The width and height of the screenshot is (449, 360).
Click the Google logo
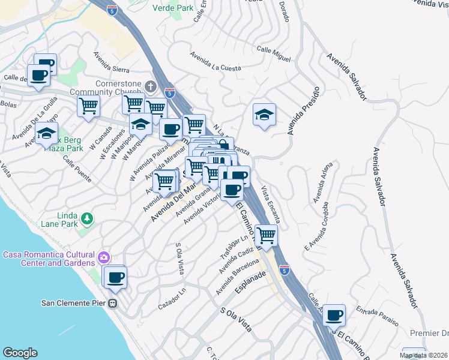click(20, 353)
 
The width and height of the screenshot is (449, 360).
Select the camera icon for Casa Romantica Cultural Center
click(104, 257)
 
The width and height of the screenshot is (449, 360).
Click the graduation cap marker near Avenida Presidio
click(264, 114)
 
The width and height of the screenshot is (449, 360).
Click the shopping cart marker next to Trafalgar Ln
click(266, 235)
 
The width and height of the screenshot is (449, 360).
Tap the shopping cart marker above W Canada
click(89, 106)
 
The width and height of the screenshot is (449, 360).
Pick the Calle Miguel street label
click(274, 53)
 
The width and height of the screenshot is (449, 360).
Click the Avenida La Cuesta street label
click(215, 62)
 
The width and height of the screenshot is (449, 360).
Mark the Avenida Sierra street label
click(112, 62)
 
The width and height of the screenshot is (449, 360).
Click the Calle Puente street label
click(76, 171)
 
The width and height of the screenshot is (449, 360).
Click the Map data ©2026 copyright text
click(424, 355)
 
